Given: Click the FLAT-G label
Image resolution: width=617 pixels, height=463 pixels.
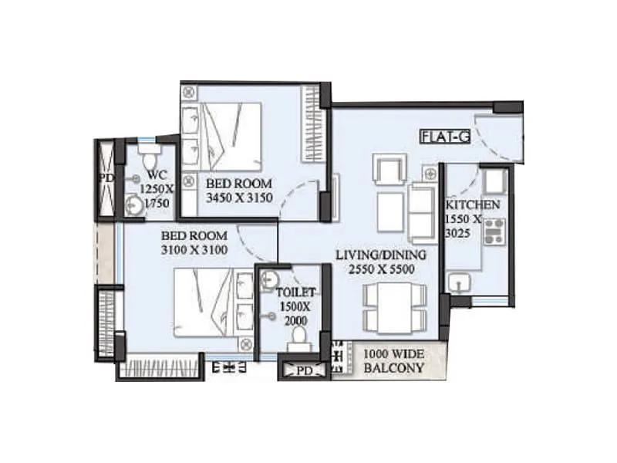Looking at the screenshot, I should [445, 137].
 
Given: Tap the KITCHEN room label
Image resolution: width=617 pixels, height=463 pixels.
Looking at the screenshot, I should [473, 206].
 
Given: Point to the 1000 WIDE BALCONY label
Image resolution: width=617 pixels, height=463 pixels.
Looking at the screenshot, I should [393, 361].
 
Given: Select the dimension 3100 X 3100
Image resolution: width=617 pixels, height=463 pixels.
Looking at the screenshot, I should [194, 250].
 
